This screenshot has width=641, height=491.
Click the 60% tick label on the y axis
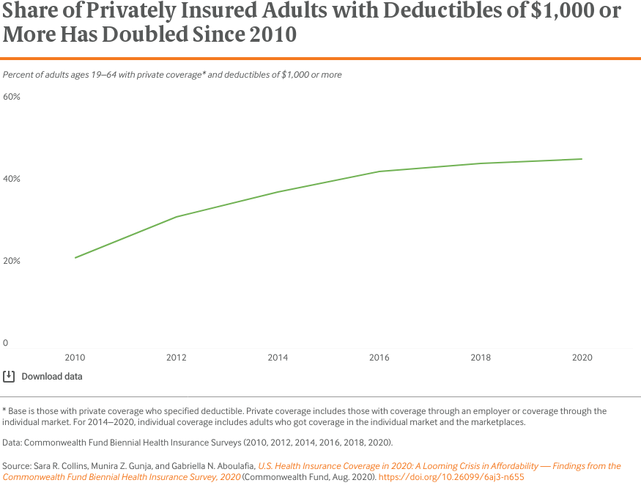(11, 97)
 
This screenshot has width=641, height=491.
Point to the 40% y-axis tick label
(11, 179)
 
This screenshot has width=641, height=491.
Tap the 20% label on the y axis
(11, 261)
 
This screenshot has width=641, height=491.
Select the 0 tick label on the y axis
(5, 343)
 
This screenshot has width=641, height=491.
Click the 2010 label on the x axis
(75, 358)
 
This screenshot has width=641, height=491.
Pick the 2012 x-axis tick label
(177, 358)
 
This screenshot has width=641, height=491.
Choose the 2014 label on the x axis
(278, 358)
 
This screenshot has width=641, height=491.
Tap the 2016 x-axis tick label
(379, 358)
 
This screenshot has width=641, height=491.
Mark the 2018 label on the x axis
(481, 358)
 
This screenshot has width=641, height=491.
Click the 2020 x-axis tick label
(582, 358)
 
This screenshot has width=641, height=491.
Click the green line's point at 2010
(75, 257)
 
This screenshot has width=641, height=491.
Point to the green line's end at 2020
(582, 159)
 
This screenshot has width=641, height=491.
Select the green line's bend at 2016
(379, 171)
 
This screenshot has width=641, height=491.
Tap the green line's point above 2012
(177, 217)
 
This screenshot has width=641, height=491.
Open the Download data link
(52, 377)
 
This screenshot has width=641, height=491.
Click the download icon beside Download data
(9, 377)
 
